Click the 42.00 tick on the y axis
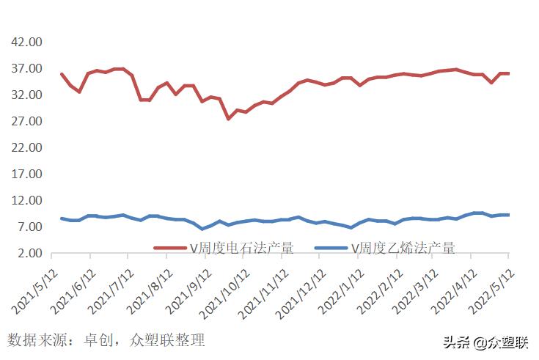pyautogui.click(x=25, y=42)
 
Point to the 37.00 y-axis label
pyautogui.click(x=25, y=68)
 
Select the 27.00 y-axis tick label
pyautogui.click(x=25, y=121)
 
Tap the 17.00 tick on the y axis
pyautogui.click(x=25, y=174)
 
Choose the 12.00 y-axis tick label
pyautogui.click(x=25, y=200)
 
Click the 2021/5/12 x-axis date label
pyautogui.click(x=37, y=286)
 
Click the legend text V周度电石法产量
pyautogui.click(x=242, y=248)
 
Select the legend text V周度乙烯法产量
pyautogui.click(x=403, y=248)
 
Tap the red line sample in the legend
pyautogui.click(x=169, y=248)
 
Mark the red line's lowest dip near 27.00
pyautogui.click(x=228, y=118)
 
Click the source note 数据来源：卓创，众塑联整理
pyautogui.click(x=106, y=340)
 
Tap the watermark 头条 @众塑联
pyautogui.click(x=485, y=342)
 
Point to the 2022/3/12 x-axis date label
pyautogui.click(x=418, y=286)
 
